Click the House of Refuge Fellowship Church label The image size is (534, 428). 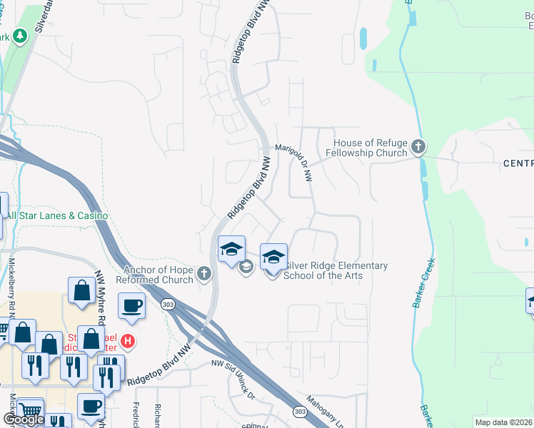(366, 148)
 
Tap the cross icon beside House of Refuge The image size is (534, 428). (418, 148)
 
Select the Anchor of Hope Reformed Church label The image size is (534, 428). (158, 275)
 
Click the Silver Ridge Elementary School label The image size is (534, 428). (336, 271)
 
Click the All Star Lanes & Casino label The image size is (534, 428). (57, 215)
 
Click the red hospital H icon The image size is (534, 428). (128, 341)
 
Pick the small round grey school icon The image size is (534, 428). (246, 267)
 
